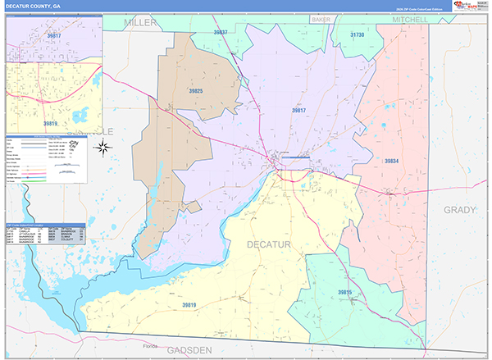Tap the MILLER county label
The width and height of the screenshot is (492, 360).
click(x=140, y=23)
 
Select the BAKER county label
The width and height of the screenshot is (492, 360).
click(x=321, y=19)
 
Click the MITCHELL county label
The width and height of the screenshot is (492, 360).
click(x=410, y=19)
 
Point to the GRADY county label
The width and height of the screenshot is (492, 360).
click(x=459, y=210)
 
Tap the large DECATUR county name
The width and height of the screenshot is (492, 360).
click(x=268, y=244)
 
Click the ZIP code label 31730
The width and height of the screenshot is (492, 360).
click(x=358, y=35)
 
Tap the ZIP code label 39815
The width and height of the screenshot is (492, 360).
click(x=345, y=292)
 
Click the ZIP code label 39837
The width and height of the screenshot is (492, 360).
click(x=221, y=32)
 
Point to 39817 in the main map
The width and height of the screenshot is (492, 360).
click(x=298, y=111)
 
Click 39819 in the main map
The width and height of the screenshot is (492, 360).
click(x=189, y=305)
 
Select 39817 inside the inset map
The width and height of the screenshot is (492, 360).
click(x=54, y=36)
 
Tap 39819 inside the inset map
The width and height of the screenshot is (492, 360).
click(x=51, y=124)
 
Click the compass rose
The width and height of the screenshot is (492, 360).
click(x=104, y=148)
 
